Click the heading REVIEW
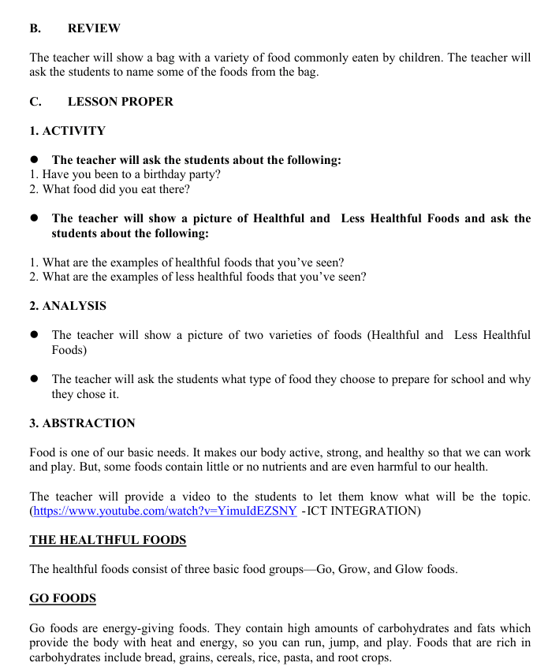[x=94, y=28]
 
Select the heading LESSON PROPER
[x=120, y=102]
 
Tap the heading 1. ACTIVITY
[x=67, y=131]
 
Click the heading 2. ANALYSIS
[x=68, y=306]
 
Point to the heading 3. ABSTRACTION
[x=82, y=423]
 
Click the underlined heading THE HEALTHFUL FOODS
[x=108, y=540]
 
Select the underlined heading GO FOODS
[x=62, y=598]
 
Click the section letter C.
[x=35, y=102]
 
